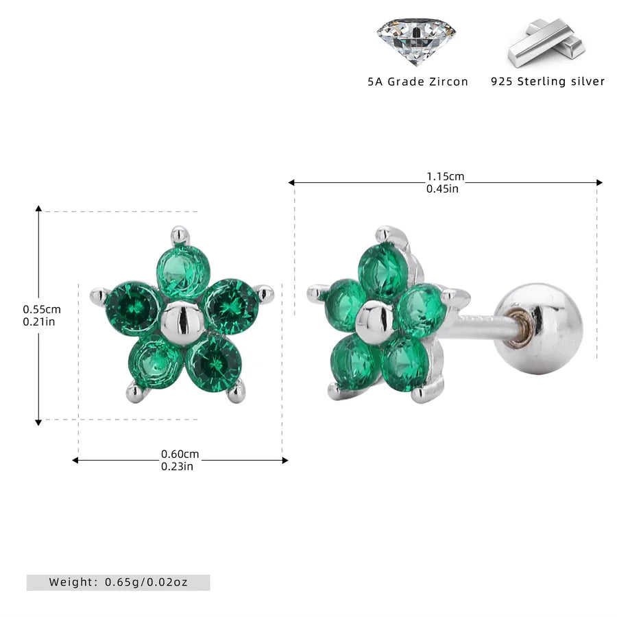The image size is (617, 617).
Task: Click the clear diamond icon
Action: pyautogui.click(x=416, y=41)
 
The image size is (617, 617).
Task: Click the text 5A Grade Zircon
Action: pyautogui.click(x=418, y=82)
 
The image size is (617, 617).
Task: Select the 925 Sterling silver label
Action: pyautogui.click(x=548, y=82)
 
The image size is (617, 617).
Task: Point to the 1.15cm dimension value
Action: pyautogui.click(x=446, y=176)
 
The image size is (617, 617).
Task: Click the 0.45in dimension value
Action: pyautogui.click(x=442, y=189)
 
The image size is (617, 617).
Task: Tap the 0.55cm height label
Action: pyautogui.click(x=42, y=309)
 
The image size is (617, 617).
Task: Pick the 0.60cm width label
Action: pyautogui.click(x=180, y=454)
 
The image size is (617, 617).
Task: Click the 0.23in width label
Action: pyautogui.click(x=177, y=466)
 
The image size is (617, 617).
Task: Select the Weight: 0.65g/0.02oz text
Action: pyautogui.click(x=118, y=582)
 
